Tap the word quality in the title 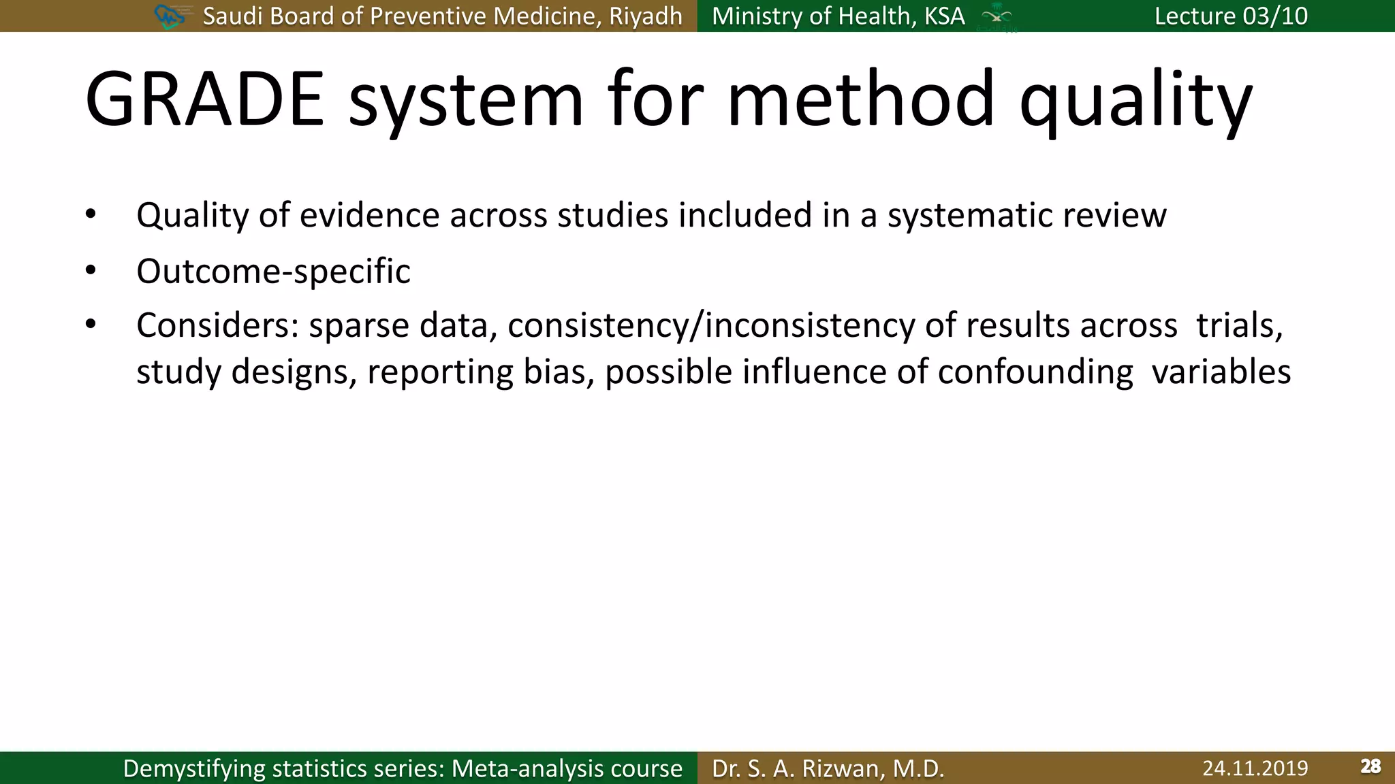tap(1135, 102)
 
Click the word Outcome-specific tap(273, 272)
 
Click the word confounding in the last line tap(1035, 372)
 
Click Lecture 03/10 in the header tap(1231, 16)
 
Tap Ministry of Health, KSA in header tap(838, 16)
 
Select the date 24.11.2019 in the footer tap(1255, 768)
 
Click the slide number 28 tap(1370, 767)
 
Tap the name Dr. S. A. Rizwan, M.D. tap(828, 768)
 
